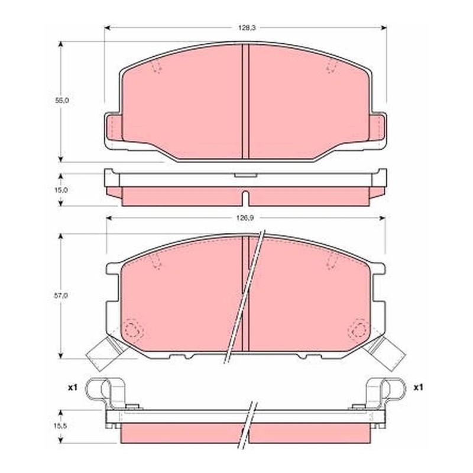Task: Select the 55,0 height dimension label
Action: pos(62,101)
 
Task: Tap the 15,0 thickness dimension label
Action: pos(61,190)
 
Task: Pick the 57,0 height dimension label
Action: pos(61,296)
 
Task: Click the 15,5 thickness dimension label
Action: pos(61,425)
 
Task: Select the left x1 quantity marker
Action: pos(72,387)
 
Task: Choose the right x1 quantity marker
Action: pos(418,387)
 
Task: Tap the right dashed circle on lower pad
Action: pos(359,329)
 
